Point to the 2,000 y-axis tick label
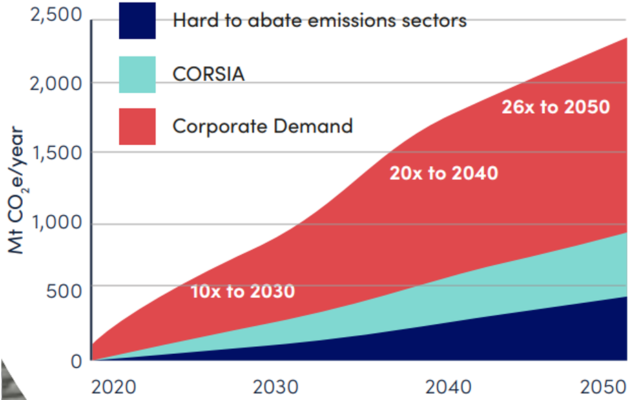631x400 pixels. coord(50,83)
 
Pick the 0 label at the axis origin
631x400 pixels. coord(76,359)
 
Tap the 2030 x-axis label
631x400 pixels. coord(276,386)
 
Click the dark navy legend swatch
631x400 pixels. coord(137,20)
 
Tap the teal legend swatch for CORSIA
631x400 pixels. coord(137,74)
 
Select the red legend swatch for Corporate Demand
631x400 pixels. coord(137,126)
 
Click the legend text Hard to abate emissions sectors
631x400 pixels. coord(320,20)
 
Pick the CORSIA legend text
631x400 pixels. coord(208,74)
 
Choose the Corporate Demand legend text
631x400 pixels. coord(262,126)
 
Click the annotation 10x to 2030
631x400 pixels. coord(242,292)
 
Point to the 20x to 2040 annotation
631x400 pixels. coord(444,173)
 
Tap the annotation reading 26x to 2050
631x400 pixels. coord(555,107)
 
